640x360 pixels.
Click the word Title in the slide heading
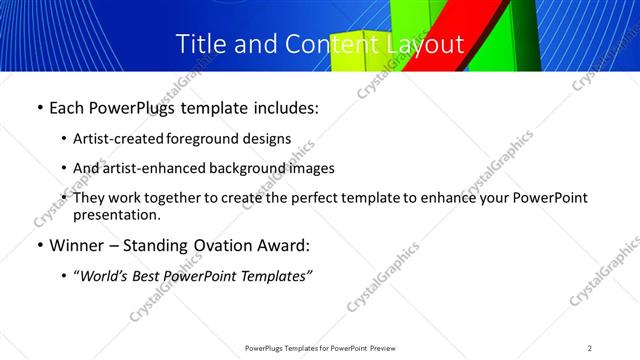[201, 44]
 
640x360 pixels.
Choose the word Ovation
[232, 246]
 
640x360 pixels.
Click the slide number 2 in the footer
[590, 348]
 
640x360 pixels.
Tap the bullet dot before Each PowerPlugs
[39, 108]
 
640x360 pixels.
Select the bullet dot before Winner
[39, 246]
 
